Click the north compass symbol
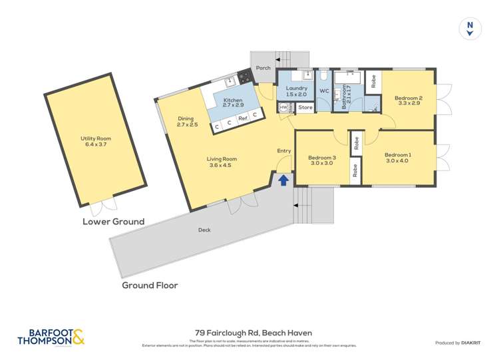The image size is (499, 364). click(470, 27)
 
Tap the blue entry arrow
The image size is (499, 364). click(283, 180)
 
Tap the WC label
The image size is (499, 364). click(324, 91)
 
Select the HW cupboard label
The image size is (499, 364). click(283, 107)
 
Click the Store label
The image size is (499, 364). click(305, 107)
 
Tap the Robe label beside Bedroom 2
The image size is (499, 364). click(373, 81)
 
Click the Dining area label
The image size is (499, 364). click(188, 121)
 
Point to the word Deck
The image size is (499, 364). click(204, 230)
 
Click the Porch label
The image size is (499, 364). click(263, 67)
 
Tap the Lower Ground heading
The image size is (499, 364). click(113, 221)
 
